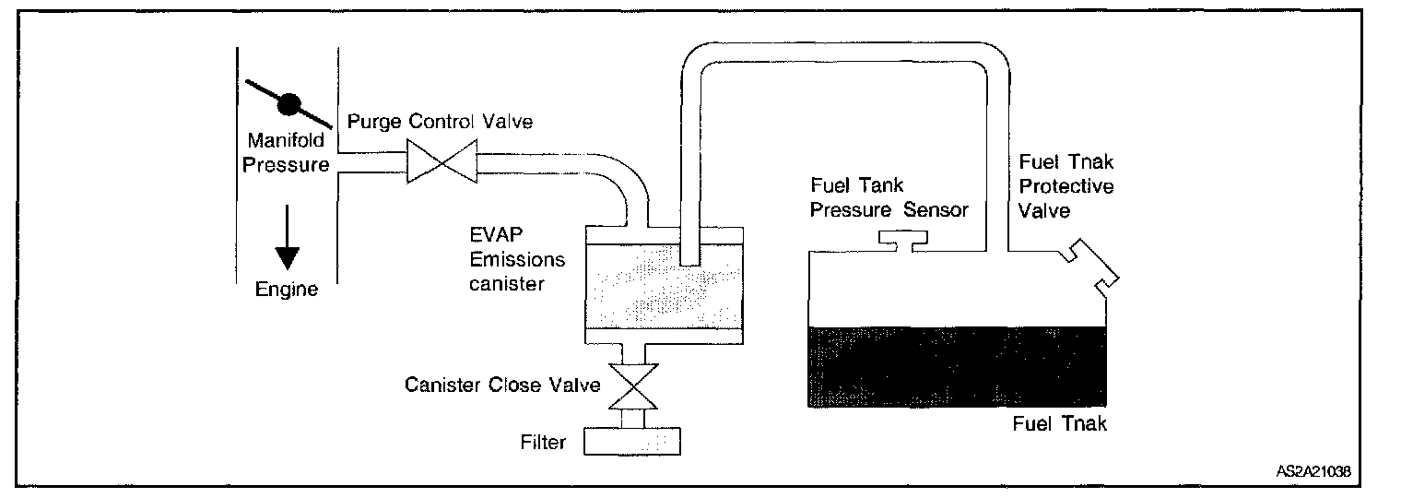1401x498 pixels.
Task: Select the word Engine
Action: [288, 290]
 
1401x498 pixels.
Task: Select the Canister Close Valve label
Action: [501, 384]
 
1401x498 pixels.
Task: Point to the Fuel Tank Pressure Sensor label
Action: [889, 197]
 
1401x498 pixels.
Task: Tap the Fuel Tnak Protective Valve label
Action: [1066, 185]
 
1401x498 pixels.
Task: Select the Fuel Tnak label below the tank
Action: [1058, 425]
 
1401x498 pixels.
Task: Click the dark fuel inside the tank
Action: [955, 366]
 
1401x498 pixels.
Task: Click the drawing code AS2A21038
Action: [1313, 471]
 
